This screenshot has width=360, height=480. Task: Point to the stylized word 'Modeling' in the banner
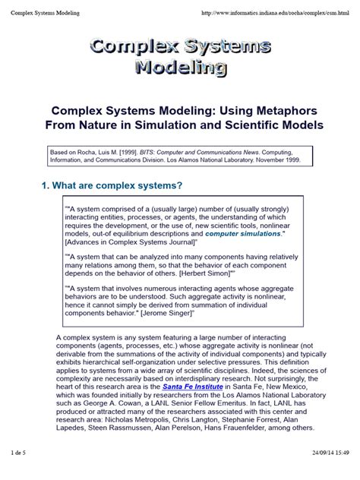tap(179, 68)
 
